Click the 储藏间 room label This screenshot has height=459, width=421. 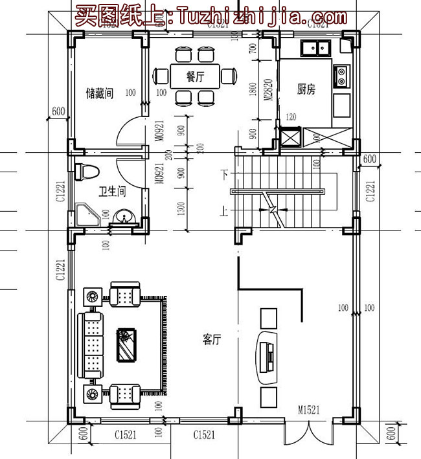[100, 93]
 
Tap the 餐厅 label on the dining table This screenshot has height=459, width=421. [195, 76]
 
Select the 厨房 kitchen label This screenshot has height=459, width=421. [306, 90]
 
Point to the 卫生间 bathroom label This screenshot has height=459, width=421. [111, 192]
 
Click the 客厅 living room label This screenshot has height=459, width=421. [212, 339]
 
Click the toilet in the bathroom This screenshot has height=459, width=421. [85, 172]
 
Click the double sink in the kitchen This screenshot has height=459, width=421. [314, 47]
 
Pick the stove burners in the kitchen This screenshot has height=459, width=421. [341, 76]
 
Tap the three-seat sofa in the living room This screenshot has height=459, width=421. [91, 344]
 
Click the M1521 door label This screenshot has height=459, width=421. [310, 410]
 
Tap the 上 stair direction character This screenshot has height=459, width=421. [225, 210]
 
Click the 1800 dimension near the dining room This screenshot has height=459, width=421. [253, 89]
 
